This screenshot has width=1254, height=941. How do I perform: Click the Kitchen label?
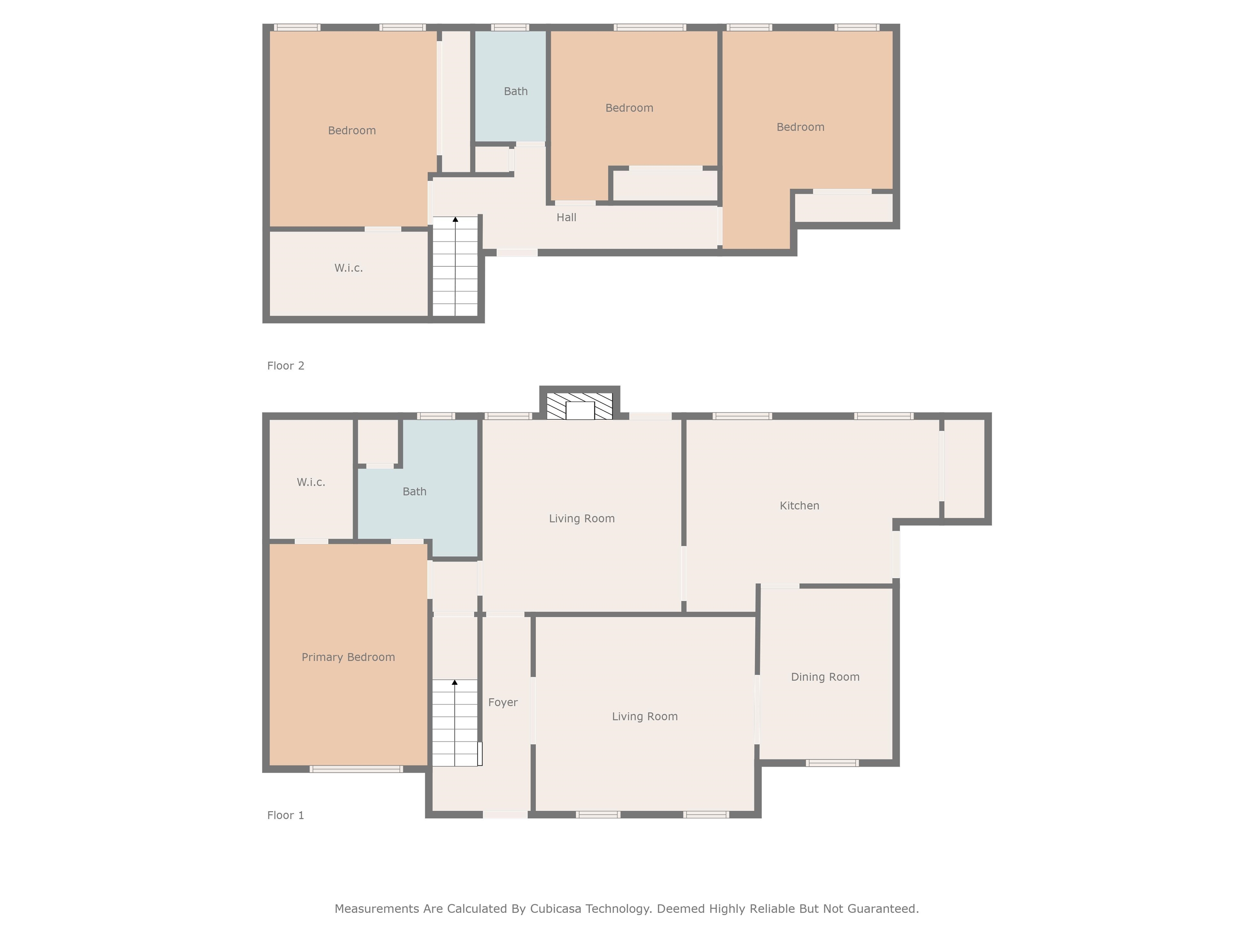[799, 505]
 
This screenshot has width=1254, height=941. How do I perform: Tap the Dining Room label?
[825, 677]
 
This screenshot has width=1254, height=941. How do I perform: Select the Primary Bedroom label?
[348, 657]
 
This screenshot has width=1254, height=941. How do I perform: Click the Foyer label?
[503, 702]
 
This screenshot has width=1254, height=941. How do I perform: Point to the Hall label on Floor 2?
[566, 217]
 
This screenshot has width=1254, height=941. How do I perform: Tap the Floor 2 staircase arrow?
[455, 219]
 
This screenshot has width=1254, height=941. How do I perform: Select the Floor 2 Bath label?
[515, 91]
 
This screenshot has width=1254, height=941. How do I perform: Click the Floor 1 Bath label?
[414, 492]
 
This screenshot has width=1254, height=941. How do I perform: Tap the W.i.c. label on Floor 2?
[348, 268]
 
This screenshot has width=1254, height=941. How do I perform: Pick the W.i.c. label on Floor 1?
[311, 482]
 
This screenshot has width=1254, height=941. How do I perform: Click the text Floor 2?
[286, 366]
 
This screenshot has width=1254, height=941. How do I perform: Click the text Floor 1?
[286, 815]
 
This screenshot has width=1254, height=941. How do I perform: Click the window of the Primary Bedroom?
[356, 769]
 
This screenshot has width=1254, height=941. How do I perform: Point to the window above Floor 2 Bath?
[510, 27]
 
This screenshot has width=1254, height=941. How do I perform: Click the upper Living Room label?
[582, 518]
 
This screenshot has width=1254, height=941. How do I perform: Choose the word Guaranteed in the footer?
[883, 909]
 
